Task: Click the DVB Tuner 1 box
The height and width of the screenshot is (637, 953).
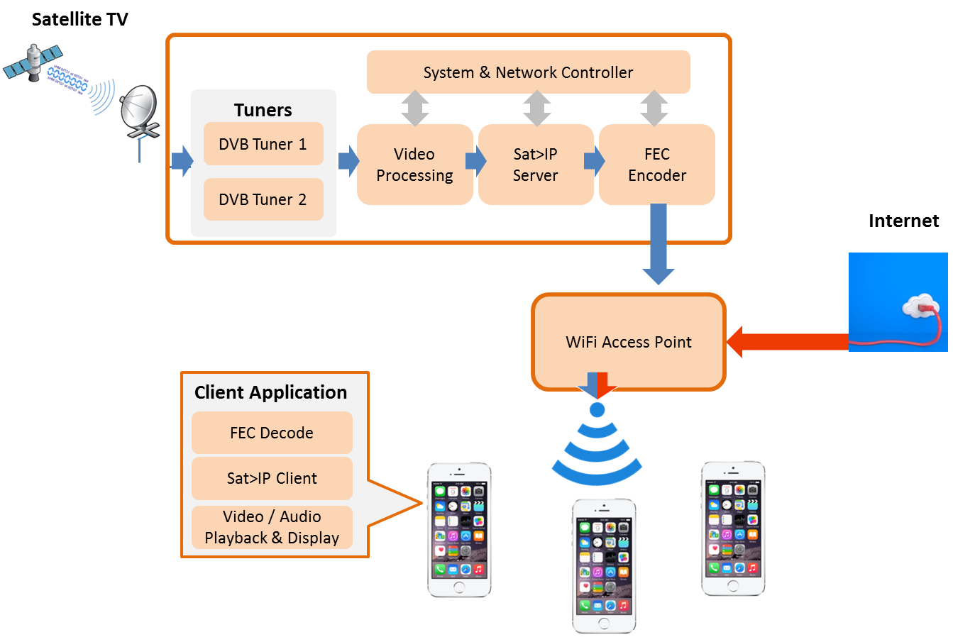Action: (263, 144)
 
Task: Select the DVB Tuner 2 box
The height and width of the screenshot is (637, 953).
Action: (263, 199)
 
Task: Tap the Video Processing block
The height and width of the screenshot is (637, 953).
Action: (414, 165)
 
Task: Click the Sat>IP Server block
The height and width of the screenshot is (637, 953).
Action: (536, 165)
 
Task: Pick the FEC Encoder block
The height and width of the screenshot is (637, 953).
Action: (657, 165)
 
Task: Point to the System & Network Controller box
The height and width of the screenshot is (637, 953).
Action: (528, 72)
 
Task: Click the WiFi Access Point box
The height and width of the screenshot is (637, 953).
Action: (629, 342)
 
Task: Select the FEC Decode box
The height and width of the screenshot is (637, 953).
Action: (272, 433)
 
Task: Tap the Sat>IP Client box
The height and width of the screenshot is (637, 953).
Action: (272, 478)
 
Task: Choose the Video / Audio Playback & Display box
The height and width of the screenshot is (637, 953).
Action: (272, 527)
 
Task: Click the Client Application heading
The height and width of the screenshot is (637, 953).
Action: (271, 392)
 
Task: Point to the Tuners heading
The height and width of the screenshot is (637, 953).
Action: (263, 110)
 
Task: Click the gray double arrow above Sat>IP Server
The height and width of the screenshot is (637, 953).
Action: (537, 109)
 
